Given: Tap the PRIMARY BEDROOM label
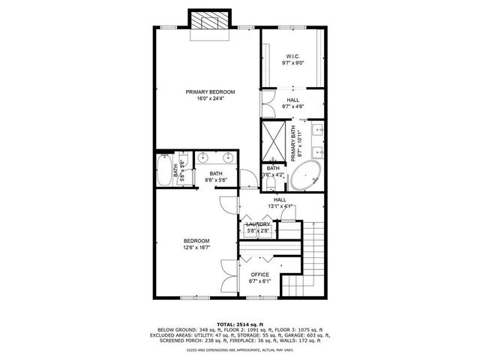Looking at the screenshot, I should [x=210, y=91].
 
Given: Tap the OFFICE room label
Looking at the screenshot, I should [x=259, y=275].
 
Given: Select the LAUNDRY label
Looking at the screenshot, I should [x=258, y=223].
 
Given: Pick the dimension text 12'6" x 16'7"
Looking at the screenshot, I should [x=196, y=247].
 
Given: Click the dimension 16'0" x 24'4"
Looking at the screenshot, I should [x=210, y=98].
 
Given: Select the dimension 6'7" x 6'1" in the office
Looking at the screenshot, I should [x=259, y=283].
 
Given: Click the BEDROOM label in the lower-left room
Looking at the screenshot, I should [x=196, y=241].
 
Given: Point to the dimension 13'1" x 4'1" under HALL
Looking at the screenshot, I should [x=280, y=206].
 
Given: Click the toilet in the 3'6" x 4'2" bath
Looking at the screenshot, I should [x=269, y=183].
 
